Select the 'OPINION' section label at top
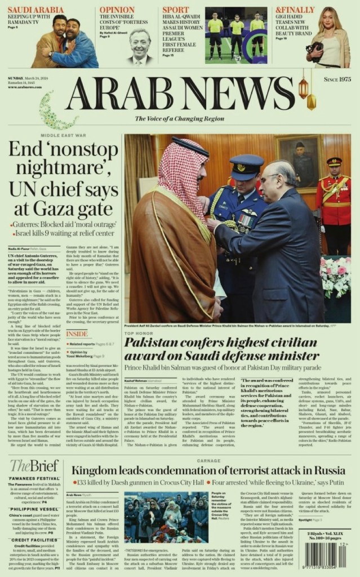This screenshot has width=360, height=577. click(x=117, y=10)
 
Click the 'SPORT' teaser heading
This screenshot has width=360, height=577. click(x=176, y=10)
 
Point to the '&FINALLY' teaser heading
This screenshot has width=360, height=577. click(x=295, y=10)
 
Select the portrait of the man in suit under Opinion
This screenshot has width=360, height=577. click(x=140, y=46)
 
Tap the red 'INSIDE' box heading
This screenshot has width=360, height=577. click(x=77, y=334)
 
